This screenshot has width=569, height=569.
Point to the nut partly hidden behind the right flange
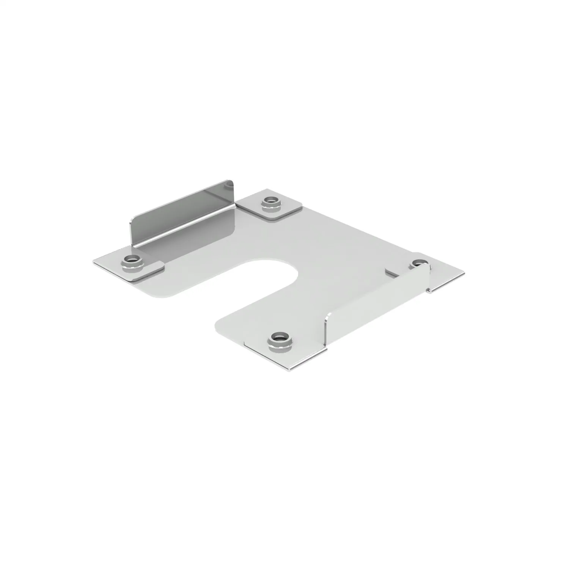click(x=419, y=264)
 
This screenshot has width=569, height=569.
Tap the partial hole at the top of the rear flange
click(x=229, y=185)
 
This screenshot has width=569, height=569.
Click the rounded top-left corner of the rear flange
click(x=134, y=220)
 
